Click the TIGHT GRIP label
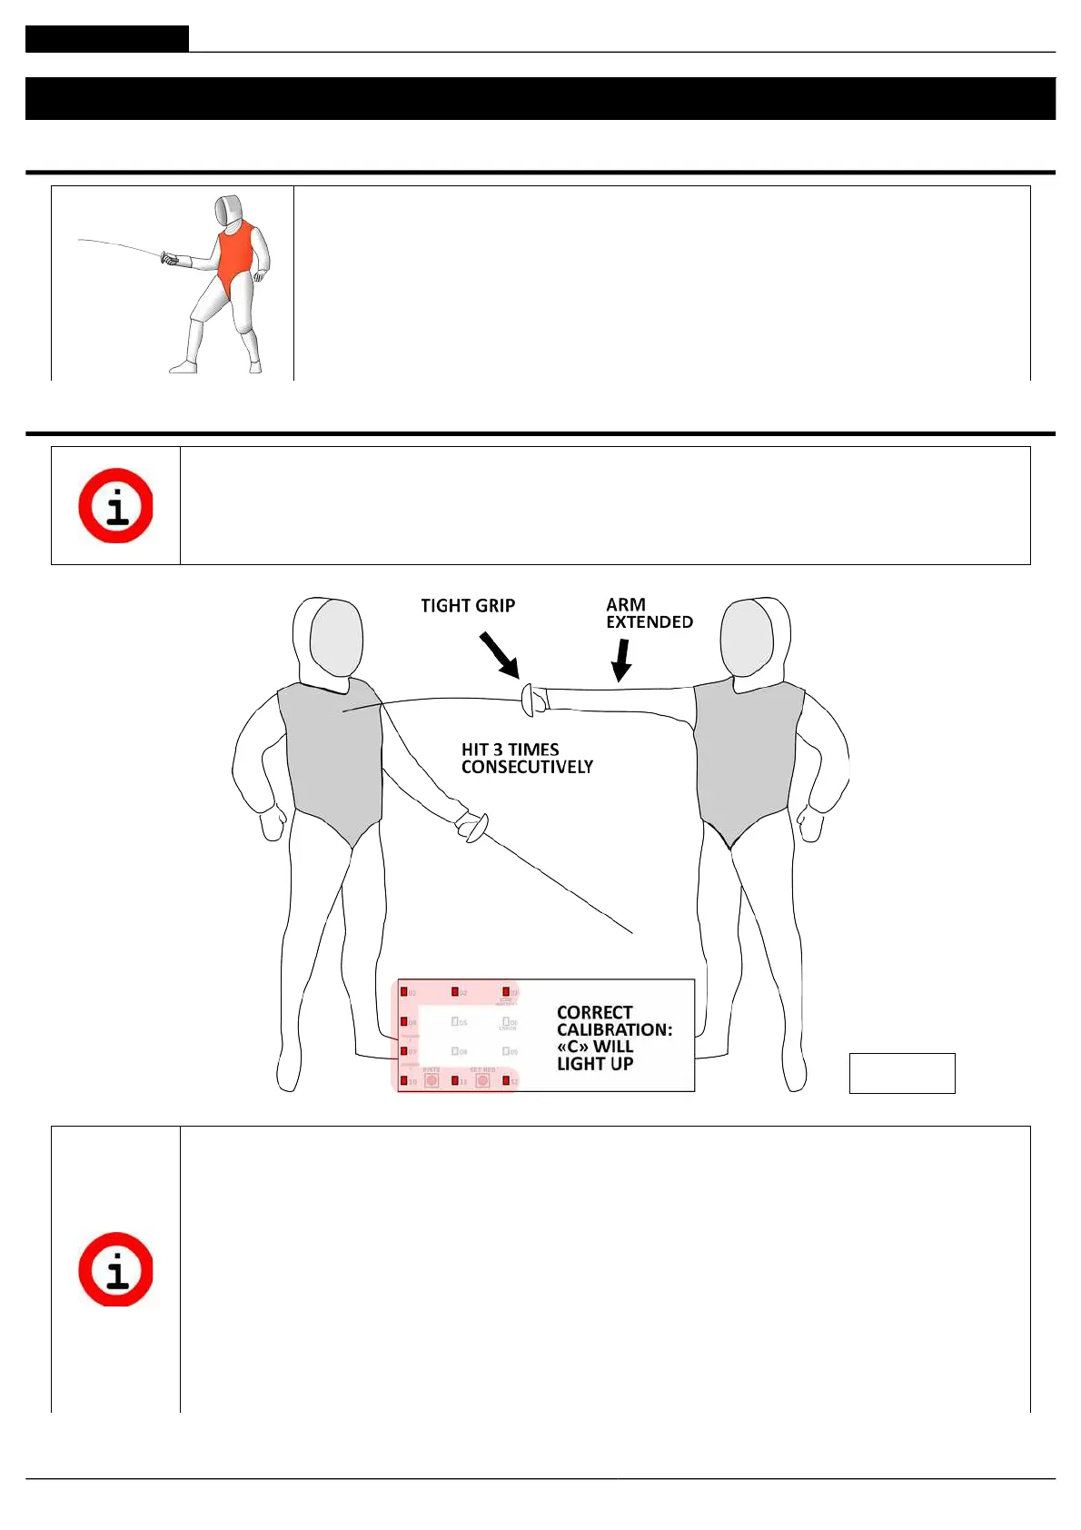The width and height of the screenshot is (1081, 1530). point(468,606)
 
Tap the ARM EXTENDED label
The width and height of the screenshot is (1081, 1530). point(649,613)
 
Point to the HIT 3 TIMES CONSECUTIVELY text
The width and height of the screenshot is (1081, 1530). point(527,759)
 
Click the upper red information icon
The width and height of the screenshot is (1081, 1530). point(115,506)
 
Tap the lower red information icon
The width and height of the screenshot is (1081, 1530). point(115,1269)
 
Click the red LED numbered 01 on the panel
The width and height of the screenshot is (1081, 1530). point(404,992)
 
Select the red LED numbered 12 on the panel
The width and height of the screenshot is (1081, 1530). point(506,1080)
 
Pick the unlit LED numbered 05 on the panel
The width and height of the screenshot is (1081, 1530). point(455,1022)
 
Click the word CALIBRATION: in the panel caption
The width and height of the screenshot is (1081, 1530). point(614,1030)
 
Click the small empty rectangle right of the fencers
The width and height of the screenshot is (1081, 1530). point(902,1073)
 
